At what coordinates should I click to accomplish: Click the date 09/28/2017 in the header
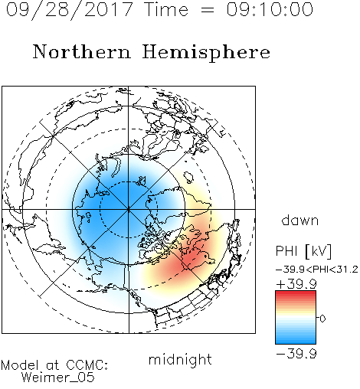tap(70, 10)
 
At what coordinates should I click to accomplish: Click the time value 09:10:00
tap(270, 9)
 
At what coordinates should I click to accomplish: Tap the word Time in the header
tap(166, 9)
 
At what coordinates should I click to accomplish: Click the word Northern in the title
tap(82, 51)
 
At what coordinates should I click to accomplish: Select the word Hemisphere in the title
tap(206, 53)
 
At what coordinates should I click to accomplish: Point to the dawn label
tap(300, 220)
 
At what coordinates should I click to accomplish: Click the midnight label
tap(180, 360)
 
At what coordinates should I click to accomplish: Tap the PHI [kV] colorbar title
tap(303, 251)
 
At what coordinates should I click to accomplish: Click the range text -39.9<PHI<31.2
tap(317, 270)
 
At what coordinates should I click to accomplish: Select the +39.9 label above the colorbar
tap(296, 284)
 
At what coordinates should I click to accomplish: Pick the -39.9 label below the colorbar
tap(296, 354)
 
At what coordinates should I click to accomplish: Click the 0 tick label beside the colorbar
tap(322, 319)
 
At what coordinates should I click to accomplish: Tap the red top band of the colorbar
tap(296, 294)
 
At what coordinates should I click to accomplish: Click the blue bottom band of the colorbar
tap(296, 341)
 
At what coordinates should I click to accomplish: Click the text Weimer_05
tap(58, 378)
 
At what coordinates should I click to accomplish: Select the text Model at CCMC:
tap(54, 365)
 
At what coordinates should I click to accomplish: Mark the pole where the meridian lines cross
tap(129, 209)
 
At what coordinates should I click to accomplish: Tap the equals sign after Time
tap(208, 11)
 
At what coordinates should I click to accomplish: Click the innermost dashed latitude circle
tap(129, 181)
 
